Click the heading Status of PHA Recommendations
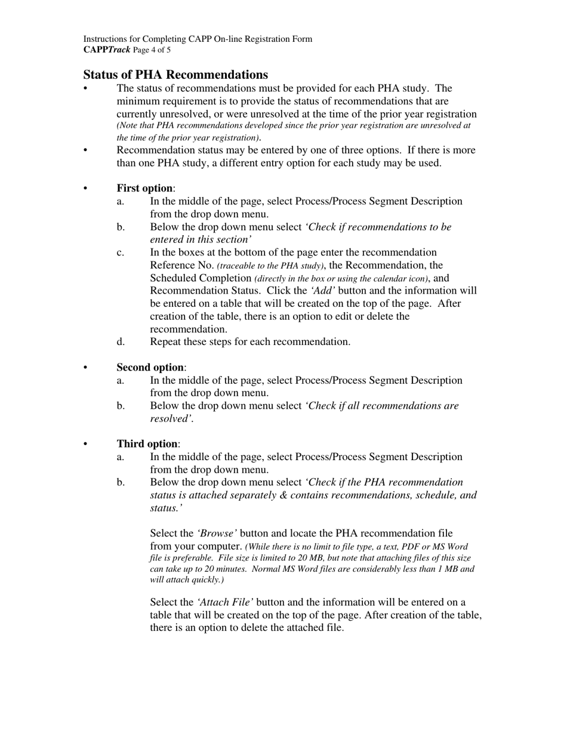[x=175, y=75]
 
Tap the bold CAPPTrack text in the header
[x=106, y=50]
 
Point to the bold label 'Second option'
[x=150, y=368]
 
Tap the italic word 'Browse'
[x=217, y=533]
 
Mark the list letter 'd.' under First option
[x=121, y=342]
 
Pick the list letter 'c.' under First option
[x=121, y=252]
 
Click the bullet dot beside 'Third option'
[x=85, y=444]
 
